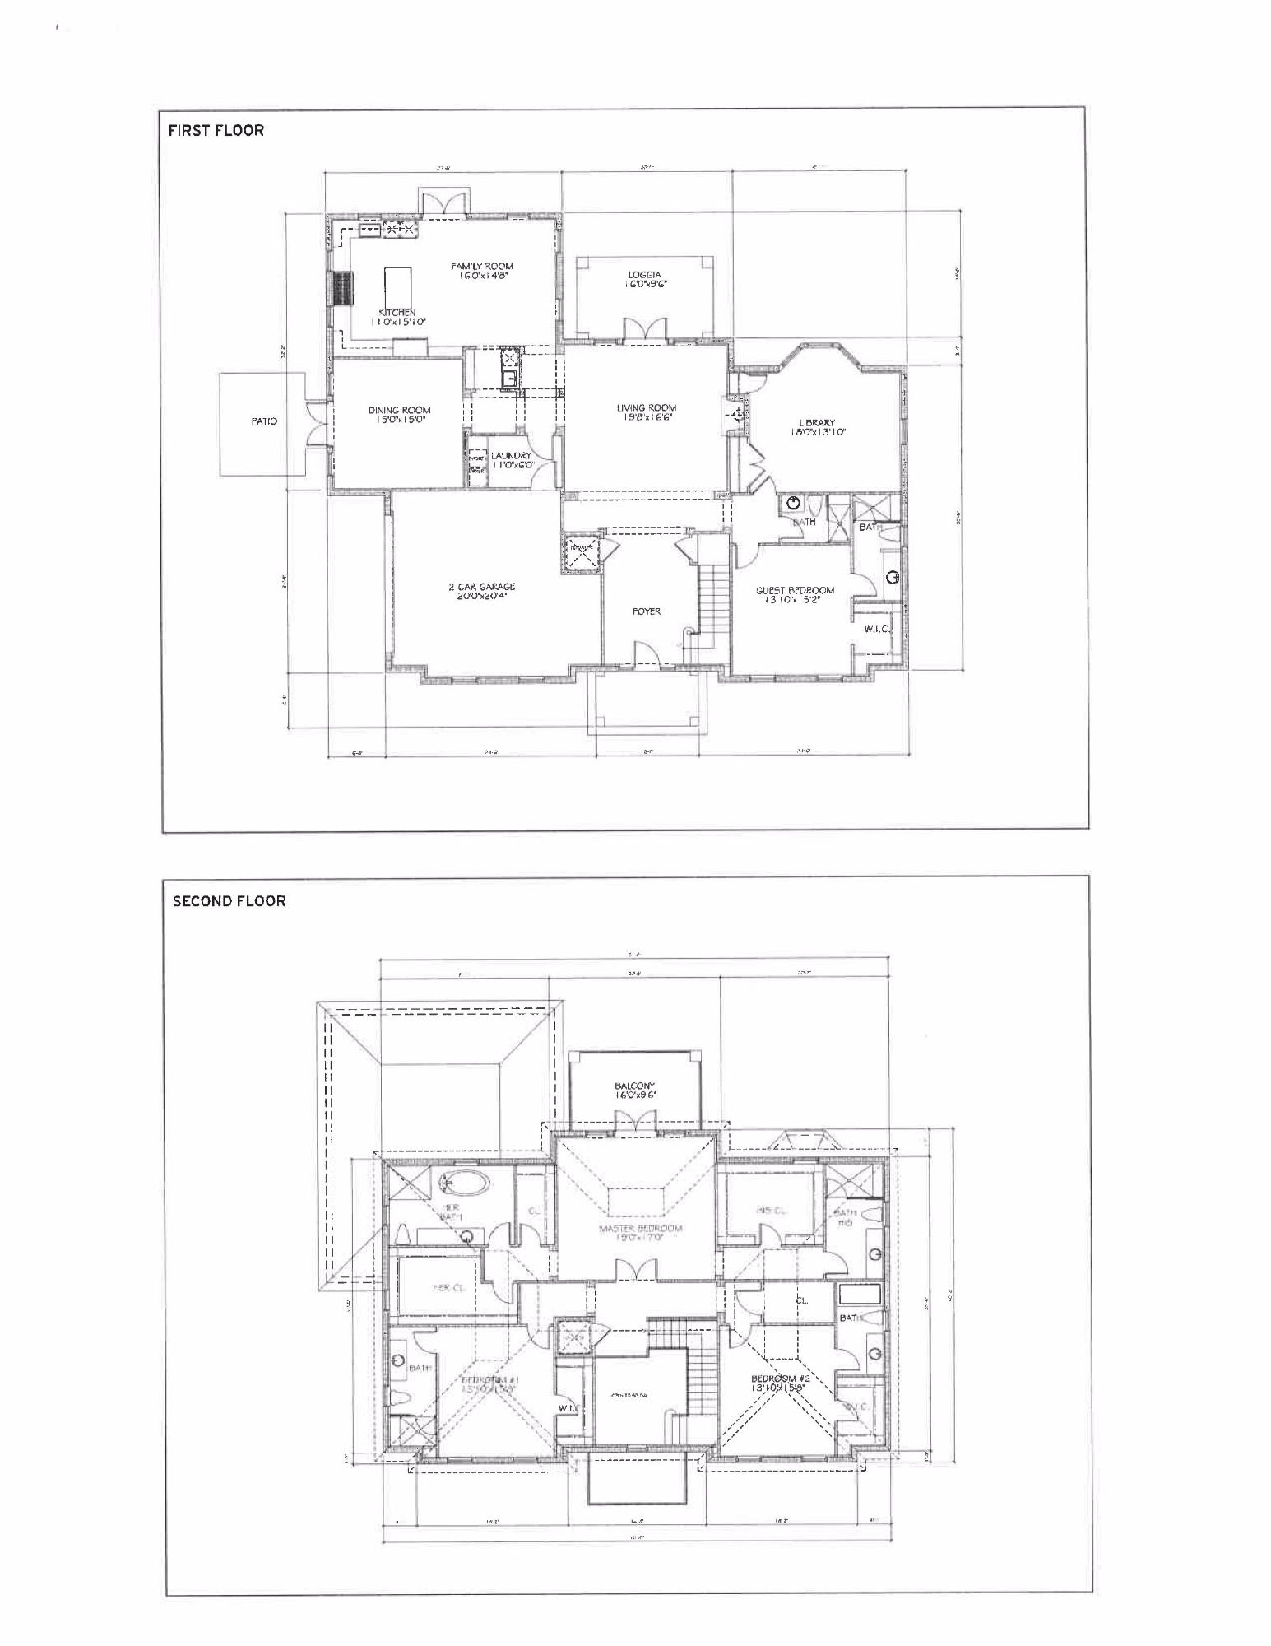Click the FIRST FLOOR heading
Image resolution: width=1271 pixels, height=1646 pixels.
point(216,130)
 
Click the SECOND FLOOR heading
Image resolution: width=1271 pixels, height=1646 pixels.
point(229,901)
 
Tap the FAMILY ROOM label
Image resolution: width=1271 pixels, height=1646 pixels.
point(481,267)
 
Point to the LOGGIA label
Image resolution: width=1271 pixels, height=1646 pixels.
point(645,276)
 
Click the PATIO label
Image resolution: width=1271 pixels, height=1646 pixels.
point(264,421)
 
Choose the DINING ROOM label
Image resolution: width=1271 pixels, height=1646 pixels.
point(399,410)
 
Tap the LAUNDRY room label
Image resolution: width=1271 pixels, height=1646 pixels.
point(511,456)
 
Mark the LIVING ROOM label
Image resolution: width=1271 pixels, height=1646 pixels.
point(647,407)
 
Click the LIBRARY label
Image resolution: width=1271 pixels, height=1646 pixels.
point(816,423)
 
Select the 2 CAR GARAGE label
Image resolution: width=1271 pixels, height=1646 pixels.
point(481,587)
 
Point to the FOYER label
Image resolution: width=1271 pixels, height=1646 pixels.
point(647,611)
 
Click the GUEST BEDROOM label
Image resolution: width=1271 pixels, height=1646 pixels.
point(795,590)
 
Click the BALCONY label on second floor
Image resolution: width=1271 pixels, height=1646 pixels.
point(634,1086)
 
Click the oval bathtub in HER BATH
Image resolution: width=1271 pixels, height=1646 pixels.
point(464,1183)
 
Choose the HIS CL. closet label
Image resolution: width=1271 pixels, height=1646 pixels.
point(771,1210)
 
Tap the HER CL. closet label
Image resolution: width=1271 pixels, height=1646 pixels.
point(450,1287)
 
